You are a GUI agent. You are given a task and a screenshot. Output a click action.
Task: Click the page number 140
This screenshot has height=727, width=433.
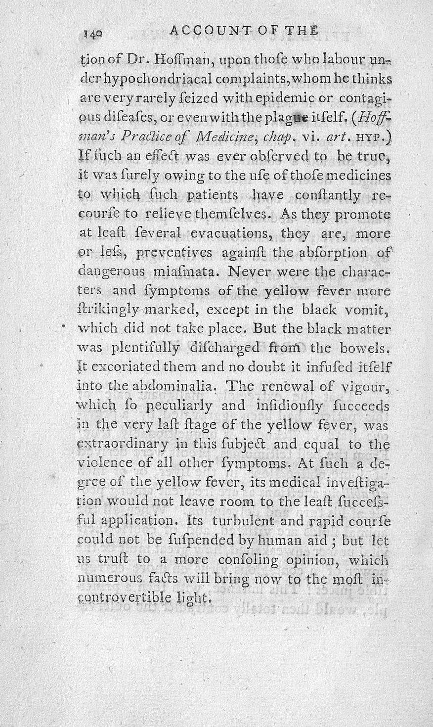93,34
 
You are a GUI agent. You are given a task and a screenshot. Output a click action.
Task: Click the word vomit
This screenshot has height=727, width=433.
372,310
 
